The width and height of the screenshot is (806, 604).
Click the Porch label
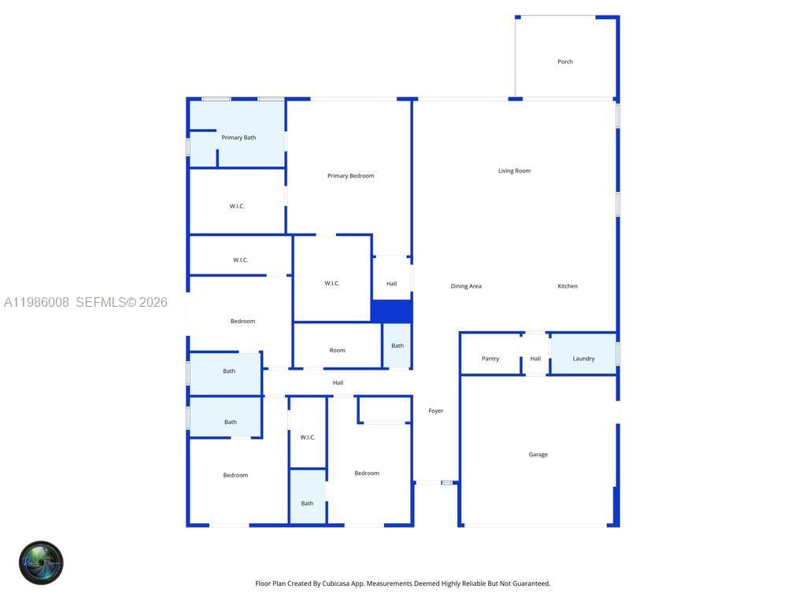point(565,61)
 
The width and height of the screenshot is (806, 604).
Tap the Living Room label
point(514,171)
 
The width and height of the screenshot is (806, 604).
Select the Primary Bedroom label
point(350,175)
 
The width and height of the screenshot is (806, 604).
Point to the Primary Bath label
point(238,138)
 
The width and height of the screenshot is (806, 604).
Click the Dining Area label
point(466,286)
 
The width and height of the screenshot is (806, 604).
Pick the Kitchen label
point(568,286)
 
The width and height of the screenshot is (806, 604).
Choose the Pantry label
point(490,359)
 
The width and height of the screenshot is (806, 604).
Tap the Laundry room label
point(583,359)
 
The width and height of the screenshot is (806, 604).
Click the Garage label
point(538,455)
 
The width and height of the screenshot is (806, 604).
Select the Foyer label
point(435,411)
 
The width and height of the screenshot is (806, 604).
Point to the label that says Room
point(337,350)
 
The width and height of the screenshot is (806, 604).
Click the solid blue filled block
point(391,311)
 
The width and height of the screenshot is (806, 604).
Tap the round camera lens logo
point(41,562)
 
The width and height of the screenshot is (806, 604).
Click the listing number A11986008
point(37,302)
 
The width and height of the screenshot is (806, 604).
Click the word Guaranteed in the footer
point(531,584)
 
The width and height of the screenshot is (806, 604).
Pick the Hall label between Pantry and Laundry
point(535,359)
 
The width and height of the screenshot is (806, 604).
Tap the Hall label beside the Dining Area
point(391,284)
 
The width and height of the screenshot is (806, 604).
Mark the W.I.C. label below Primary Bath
point(237,206)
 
